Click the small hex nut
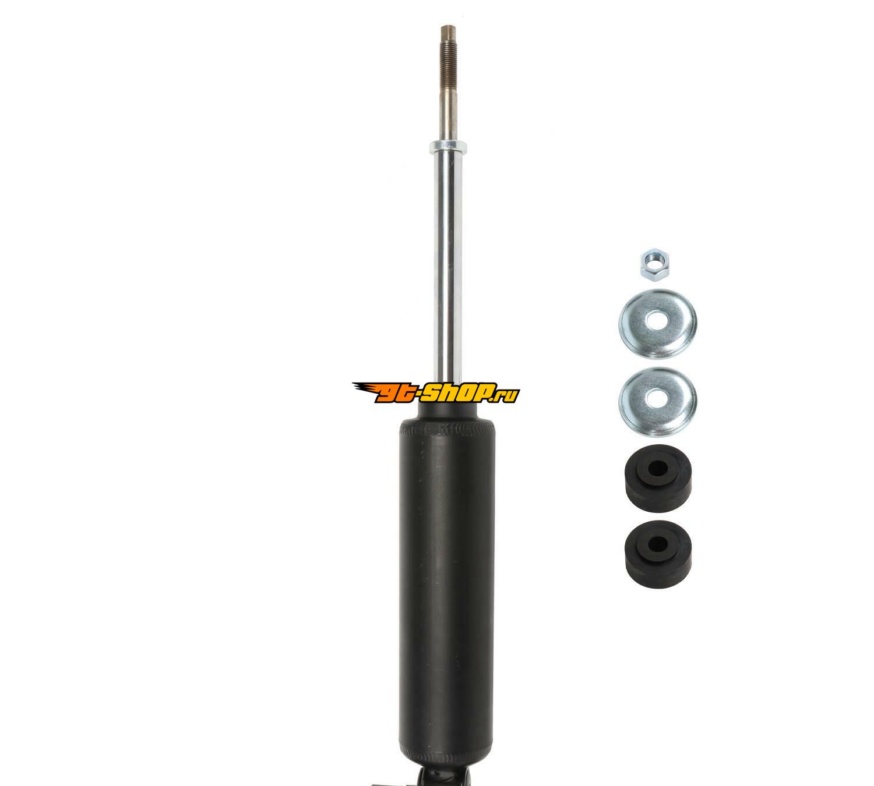(x=655, y=264)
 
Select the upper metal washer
(x=657, y=324)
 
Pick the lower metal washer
(x=657, y=401)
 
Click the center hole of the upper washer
(x=658, y=321)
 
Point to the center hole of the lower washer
(x=658, y=399)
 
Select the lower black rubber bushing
(x=658, y=554)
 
